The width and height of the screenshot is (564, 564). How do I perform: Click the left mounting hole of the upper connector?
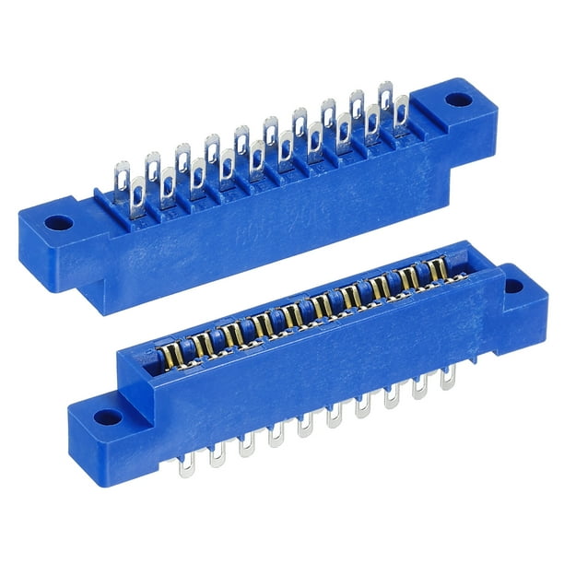click(58, 223)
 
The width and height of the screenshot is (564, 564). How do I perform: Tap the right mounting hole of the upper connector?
click(455, 99)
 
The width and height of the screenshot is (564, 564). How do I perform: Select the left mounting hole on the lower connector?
click(108, 417)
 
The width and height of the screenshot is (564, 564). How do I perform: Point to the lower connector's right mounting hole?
click(513, 286)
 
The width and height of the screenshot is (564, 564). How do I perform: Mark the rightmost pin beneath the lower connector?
click(448, 376)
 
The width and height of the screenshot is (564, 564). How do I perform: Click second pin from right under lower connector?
click(420, 386)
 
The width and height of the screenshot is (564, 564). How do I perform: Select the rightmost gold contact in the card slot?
click(440, 268)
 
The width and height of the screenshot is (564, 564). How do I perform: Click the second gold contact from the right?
click(409, 277)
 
